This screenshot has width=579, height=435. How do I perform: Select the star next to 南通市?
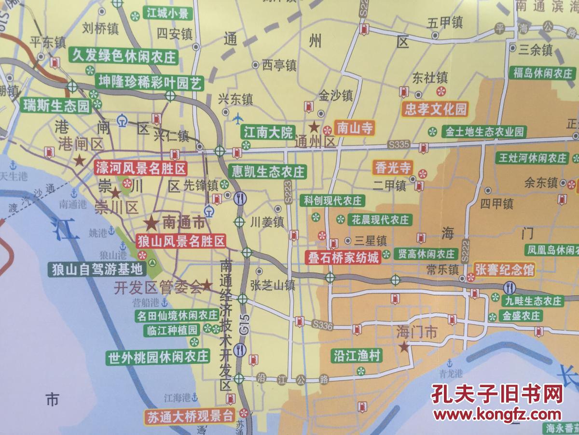[151, 223]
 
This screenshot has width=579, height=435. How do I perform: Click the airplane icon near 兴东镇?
[238, 117]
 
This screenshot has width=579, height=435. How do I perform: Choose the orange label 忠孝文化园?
[436, 109]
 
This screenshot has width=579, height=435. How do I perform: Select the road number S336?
[322, 325]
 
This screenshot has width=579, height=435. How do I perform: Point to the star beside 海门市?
[404, 347]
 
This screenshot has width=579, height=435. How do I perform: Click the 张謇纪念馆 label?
[505, 270]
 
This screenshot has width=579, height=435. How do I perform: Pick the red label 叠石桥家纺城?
[345, 257]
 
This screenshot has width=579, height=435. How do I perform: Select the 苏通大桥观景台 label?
[190, 416]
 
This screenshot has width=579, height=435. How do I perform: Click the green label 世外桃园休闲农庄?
[158, 357]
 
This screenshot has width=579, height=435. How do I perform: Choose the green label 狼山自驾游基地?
[97, 269]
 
